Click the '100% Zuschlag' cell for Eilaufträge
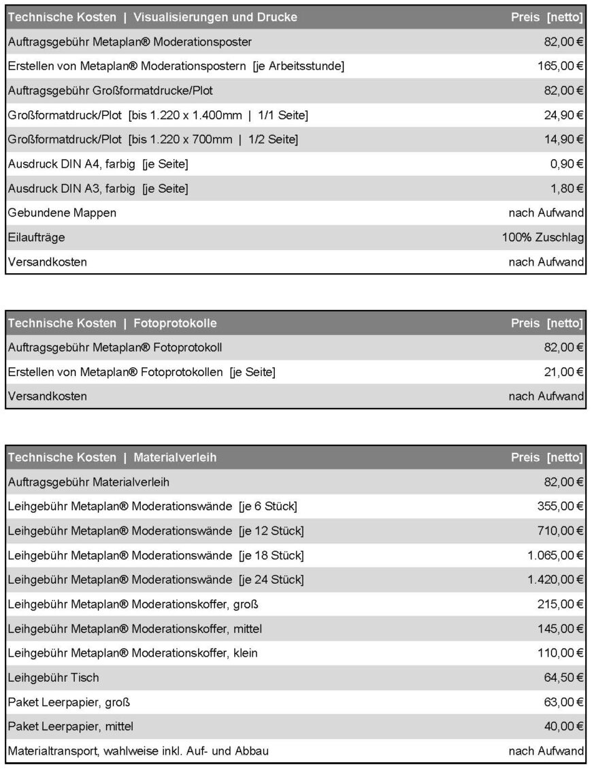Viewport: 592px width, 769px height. coord(543,238)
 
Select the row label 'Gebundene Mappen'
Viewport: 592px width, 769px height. coord(62,213)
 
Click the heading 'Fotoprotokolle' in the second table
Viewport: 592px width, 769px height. coord(175,323)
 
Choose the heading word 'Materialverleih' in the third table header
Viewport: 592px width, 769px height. coord(175,458)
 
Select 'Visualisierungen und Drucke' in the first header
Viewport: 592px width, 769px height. coord(215,17)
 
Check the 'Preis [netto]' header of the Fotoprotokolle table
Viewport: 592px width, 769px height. coord(546,323)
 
